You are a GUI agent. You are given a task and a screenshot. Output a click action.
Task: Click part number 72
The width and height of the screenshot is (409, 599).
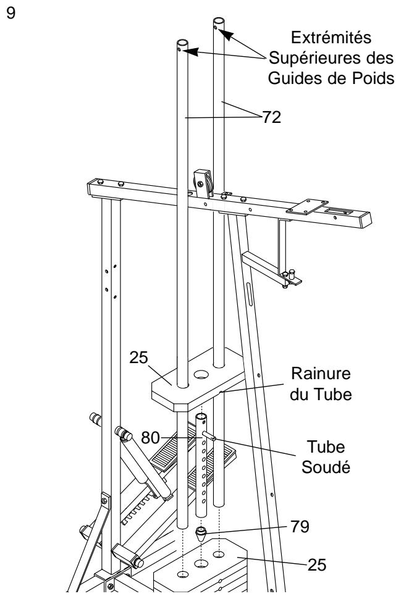tap(271, 117)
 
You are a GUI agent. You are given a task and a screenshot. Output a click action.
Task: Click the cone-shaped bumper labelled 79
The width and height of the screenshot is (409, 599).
tap(201, 532)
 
